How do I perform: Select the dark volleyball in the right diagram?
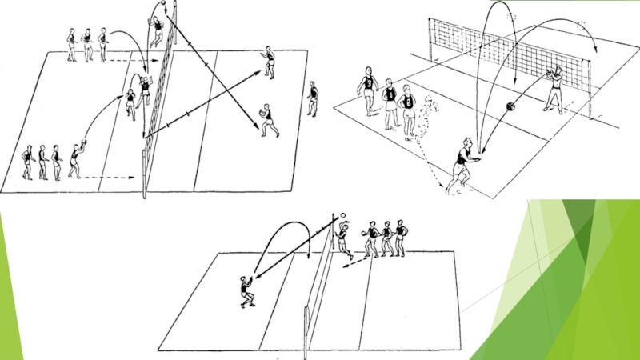[509, 107]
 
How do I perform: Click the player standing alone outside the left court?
[312, 98]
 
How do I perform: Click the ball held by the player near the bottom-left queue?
[84, 143]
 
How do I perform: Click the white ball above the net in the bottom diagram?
[343, 216]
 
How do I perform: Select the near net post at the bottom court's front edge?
[306, 332]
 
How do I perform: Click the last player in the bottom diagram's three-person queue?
[400, 238]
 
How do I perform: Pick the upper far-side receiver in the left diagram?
[269, 62]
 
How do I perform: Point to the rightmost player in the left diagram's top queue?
[102, 46]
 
